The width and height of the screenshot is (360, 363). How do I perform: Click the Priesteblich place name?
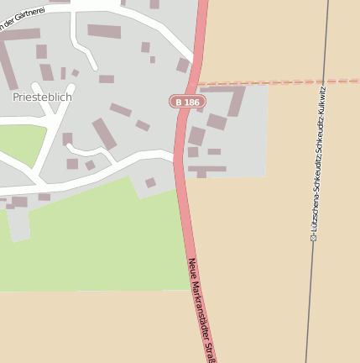pos(42,97)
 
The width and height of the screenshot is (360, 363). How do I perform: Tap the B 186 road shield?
pos(186,102)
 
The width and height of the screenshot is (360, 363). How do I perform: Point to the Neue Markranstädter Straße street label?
pos(202,309)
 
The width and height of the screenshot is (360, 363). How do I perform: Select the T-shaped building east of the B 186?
pos(205,170)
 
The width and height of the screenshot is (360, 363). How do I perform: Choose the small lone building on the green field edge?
pos(150,182)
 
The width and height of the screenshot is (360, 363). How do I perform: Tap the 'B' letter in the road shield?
pos(179,102)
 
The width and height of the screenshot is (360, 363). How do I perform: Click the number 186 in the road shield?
pos(191,102)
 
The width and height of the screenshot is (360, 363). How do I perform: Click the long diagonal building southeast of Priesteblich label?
pos(104,134)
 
